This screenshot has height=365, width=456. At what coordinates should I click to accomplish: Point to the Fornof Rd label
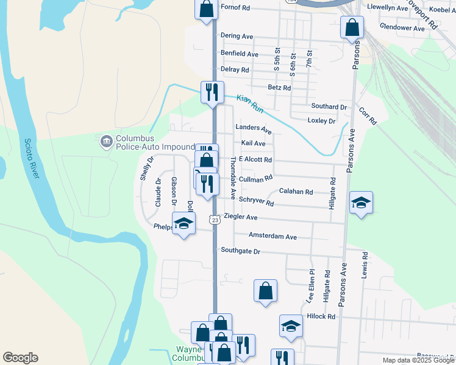[x=235, y=8]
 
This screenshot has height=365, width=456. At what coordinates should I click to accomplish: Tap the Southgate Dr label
[x=240, y=251]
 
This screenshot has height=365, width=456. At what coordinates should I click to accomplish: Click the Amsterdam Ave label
[x=273, y=236]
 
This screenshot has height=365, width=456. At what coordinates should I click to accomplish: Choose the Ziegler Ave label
[x=241, y=217]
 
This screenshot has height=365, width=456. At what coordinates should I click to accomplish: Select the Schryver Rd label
[x=256, y=200]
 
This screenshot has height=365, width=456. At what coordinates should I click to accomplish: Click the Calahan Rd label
[x=296, y=192]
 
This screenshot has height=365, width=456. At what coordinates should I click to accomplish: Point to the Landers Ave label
[x=254, y=128]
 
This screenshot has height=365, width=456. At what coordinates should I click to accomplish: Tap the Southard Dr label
[x=329, y=106]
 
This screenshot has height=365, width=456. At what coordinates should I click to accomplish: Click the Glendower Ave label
[x=402, y=28]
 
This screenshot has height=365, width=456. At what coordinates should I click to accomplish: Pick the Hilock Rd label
[x=321, y=316]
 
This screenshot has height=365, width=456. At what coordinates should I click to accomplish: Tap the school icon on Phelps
[x=183, y=223]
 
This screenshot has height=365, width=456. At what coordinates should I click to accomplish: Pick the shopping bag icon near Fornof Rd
[x=206, y=9]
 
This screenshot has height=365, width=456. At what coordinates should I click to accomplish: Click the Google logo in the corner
[x=20, y=358]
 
